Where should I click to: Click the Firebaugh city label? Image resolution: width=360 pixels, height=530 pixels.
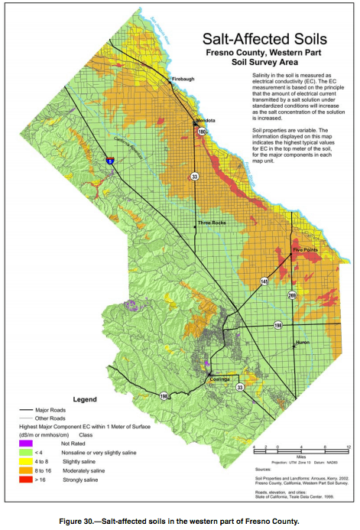click(183, 79)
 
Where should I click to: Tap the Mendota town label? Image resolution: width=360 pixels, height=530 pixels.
click(204, 121)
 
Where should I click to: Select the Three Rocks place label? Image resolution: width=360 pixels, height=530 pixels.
click(212, 223)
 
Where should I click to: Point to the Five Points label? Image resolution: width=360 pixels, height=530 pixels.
click(306, 250)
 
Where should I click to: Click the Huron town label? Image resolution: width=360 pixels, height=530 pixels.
click(303, 343)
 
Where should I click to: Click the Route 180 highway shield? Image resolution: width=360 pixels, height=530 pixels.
click(202, 132)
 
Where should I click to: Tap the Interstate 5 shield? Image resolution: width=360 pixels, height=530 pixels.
click(111, 161)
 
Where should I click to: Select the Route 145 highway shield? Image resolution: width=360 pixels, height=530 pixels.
click(264, 281)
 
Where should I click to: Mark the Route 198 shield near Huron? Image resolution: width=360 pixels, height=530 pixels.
click(278, 326)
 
